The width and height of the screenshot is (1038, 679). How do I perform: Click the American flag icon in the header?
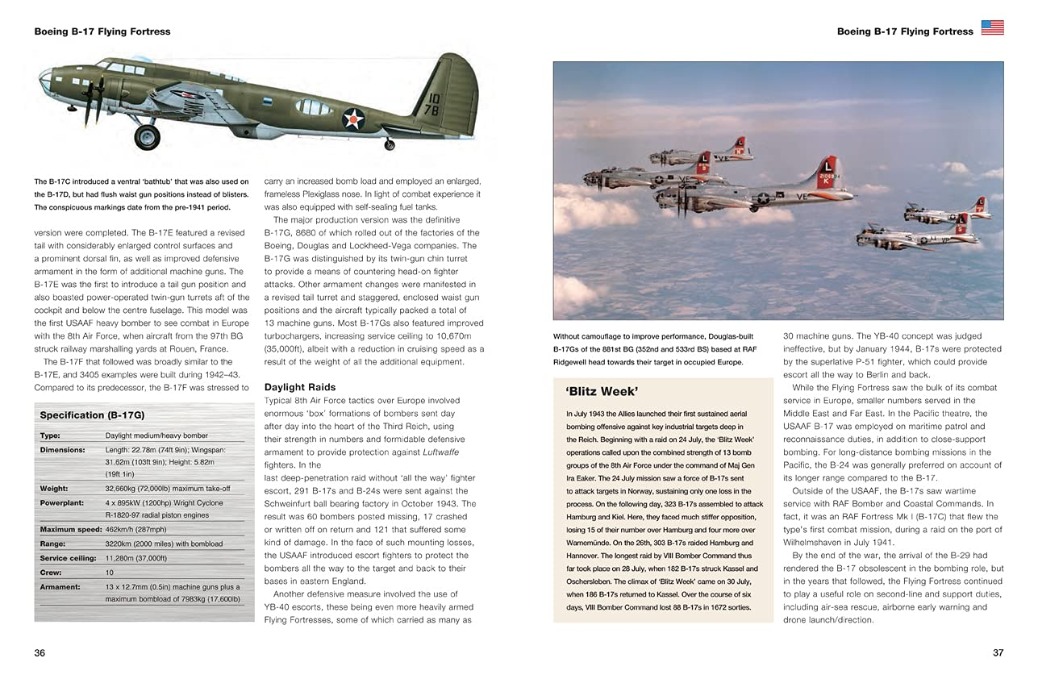pos(992,28)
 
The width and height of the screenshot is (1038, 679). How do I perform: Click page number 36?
pos(40,653)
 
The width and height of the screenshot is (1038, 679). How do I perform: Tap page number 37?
pos(997,653)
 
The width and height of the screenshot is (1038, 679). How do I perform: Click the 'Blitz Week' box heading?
pos(602,392)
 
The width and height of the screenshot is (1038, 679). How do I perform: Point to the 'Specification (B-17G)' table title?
pos(92,415)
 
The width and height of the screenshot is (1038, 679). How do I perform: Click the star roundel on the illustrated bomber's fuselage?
pos(353,119)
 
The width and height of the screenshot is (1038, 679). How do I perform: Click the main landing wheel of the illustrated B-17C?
pos(147,136)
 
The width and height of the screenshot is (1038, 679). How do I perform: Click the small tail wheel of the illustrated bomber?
pos(390,144)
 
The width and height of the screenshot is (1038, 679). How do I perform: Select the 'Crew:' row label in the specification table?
pos(51,572)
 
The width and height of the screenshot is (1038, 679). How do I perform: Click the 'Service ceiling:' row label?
pos(65,558)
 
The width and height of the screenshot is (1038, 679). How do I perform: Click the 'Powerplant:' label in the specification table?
pos(63,502)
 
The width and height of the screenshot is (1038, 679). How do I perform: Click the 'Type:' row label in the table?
pos(49,435)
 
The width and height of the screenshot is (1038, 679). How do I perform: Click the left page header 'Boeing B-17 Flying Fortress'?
pos(102,31)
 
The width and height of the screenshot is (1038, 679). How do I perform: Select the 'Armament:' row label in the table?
pos(60,587)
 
